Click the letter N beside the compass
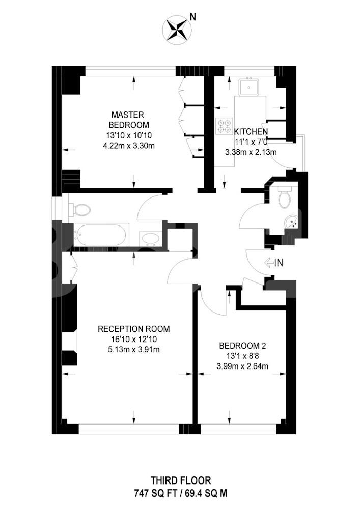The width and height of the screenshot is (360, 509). [193, 17]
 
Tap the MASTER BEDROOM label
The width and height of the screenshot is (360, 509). [129, 120]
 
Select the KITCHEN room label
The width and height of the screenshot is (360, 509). [251, 131]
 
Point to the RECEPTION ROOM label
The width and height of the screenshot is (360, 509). [134, 329]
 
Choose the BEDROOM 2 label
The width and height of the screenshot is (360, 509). [242, 346]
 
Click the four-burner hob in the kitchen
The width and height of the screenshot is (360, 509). [225, 126]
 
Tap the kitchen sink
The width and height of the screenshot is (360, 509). [250, 87]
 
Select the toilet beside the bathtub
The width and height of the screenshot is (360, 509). [79, 210]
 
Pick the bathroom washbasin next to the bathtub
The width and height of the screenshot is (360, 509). [150, 239]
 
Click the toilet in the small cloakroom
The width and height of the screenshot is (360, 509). [284, 196]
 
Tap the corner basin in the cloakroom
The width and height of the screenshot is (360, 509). [291, 221]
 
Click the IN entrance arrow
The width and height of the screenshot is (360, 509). [274, 262]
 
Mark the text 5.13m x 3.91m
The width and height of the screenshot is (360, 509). [134, 350]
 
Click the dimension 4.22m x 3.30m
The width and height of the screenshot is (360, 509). [129, 146]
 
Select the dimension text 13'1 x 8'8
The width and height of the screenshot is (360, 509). [242, 356]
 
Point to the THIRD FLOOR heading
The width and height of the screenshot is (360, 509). [181, 480]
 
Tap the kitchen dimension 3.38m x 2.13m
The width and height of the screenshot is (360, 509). [251, 152]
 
